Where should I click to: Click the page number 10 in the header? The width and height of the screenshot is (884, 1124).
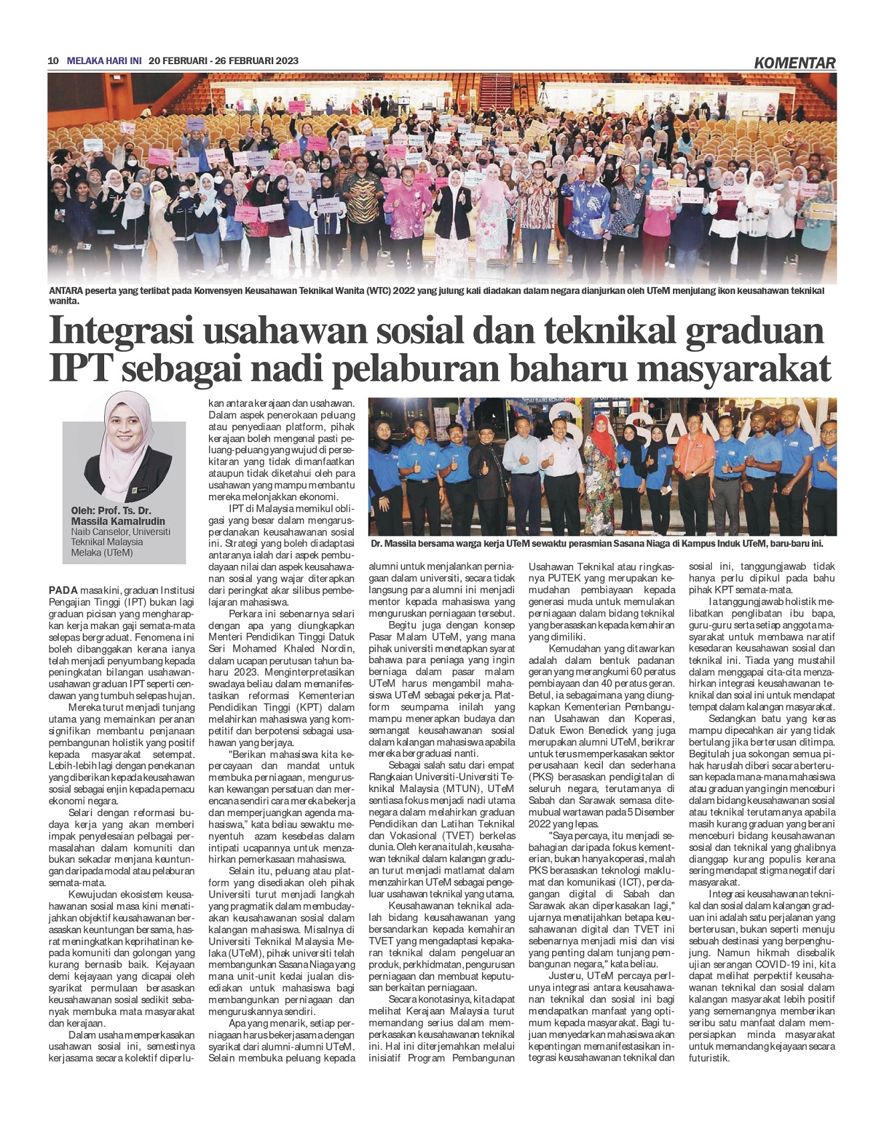pos(53,61)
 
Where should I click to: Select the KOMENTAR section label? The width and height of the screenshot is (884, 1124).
pos(795,63)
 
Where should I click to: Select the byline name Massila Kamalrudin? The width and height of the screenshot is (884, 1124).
pos(118,521)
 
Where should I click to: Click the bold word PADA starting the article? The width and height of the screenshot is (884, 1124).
pos(63,590)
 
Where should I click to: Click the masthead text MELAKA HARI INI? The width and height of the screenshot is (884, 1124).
pos(105,61)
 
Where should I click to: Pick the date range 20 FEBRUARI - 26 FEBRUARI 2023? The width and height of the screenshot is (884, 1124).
pos(224,61)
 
